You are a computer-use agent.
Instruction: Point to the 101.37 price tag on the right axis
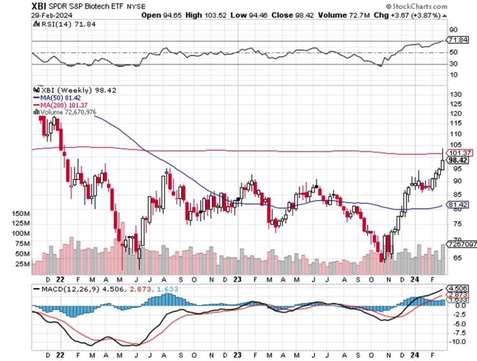click(459, 153)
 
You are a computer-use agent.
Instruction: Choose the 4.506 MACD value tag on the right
click(459, 288)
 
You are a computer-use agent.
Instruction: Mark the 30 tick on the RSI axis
click(452, 64)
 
